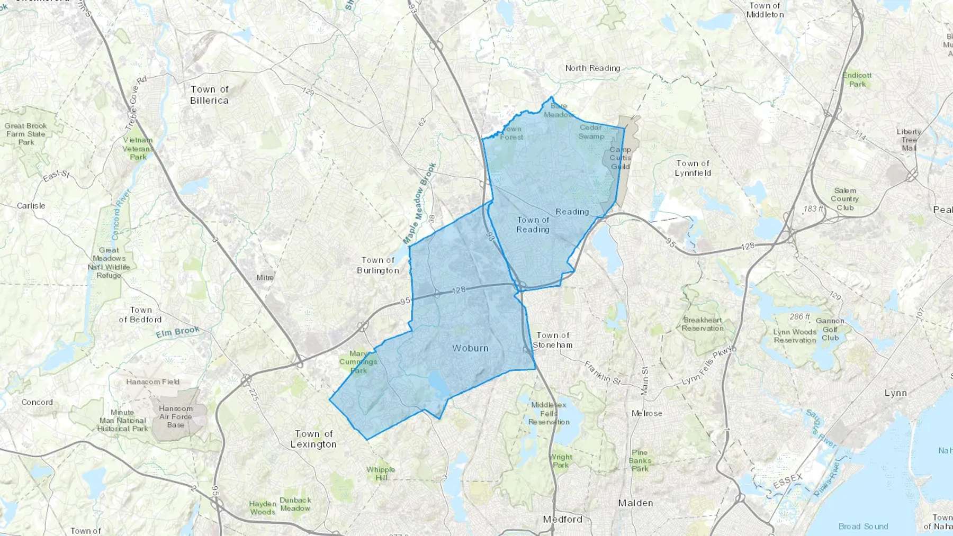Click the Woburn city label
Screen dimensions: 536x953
[470, 348]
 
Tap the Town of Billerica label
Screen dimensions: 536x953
[210, 95]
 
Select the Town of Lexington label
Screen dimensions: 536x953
[313, 439]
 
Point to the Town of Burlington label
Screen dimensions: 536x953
[378, 265]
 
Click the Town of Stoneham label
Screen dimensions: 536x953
[553, 340]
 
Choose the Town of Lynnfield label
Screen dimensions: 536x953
[693, 168]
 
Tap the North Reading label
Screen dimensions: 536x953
[592, 68]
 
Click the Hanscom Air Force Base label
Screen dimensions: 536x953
[176, 416]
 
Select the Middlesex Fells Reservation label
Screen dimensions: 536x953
[549, 413]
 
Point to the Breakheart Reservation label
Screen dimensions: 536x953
[703, 324]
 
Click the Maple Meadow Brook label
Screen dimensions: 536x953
[420, 203]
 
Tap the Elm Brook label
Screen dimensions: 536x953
[178, 332]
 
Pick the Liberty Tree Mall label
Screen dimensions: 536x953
[909, 140]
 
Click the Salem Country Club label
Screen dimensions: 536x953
[844, 199]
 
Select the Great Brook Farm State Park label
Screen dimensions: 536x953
[26, 134]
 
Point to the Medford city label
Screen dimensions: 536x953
[562, 520]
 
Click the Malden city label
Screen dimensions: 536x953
[635, 503]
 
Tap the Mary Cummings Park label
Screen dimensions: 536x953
[358, 362]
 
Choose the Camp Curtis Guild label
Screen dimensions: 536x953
[620, 158]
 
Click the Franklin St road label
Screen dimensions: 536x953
[602, 373]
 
